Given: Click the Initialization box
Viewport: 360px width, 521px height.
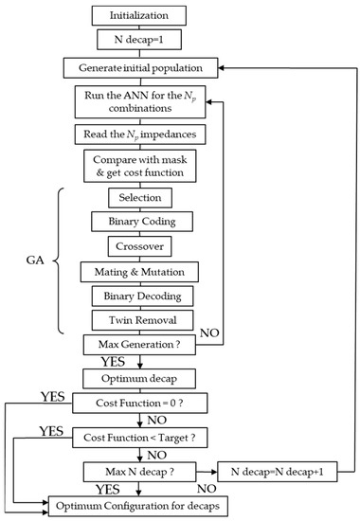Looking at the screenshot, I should click(140, 16).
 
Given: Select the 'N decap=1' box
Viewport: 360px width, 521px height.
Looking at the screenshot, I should click(140, 42).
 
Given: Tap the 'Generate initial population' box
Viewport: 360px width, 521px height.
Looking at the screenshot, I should click(140, 68).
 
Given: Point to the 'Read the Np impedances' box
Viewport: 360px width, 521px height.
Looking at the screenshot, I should click(140, 135).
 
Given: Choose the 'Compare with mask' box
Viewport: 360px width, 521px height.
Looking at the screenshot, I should click(140, 168).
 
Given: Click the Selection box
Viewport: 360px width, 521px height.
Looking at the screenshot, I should click(140, 198).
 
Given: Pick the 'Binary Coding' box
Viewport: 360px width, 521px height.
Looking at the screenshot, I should click(140, 223).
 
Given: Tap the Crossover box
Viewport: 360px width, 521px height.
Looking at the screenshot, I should click(140, 247).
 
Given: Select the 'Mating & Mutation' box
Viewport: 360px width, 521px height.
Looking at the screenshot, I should click(140, 273).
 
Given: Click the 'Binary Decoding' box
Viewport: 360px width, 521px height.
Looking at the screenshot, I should click(140, 296).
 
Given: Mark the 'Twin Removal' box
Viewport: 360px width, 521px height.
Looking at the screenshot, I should click(140, 320).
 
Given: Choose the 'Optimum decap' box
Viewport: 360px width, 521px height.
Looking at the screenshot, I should click(140, 377).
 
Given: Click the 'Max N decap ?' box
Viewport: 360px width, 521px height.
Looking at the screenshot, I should click(140, 470).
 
